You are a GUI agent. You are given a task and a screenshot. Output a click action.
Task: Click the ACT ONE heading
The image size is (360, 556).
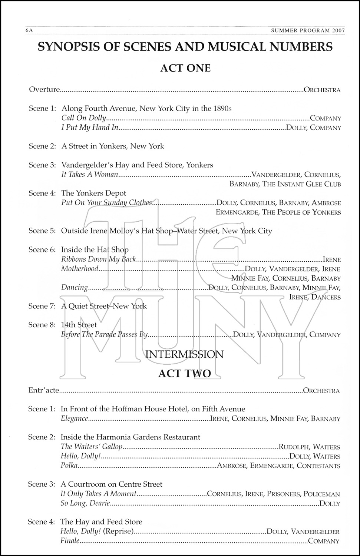point(185,68)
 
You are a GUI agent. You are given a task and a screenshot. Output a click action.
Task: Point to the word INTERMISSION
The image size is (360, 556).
point(184,354)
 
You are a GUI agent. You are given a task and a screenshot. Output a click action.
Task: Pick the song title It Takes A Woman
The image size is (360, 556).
point(90,175)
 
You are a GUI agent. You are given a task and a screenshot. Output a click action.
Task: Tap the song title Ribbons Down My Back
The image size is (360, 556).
point(99,259)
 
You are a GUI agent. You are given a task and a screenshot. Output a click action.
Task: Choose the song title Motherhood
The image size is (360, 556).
point(80,269)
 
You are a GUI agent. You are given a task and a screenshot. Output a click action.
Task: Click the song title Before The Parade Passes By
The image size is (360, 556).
point(104,335)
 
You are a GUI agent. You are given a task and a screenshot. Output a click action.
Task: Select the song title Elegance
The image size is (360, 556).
point(75,419)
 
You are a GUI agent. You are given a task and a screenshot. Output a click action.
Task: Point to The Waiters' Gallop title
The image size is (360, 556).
point(91,447)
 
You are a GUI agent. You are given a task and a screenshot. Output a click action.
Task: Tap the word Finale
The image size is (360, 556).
point(70,541)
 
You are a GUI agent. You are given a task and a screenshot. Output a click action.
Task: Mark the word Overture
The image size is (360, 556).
point(44,89)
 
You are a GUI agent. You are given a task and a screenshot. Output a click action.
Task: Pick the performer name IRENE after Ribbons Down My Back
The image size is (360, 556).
point(332,259)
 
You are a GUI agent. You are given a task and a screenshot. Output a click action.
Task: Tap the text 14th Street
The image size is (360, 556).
point(79,325)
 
